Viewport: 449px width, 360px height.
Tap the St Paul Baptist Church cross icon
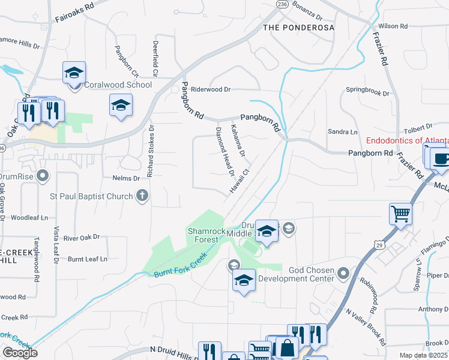[x=142, y=195]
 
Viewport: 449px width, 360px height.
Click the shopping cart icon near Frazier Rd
[x=400, y=213]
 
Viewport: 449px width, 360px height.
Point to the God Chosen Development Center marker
[x=343, y=274]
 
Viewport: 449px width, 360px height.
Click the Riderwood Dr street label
[x=210, y=89]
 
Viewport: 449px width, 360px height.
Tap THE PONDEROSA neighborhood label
[x=297, y=28]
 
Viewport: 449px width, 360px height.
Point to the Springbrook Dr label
[x=368, y=90]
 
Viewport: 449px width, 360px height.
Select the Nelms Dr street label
[x=126, y=178]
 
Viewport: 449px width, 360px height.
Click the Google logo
[x=20, y=353]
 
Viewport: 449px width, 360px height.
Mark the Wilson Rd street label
[x=393, y=26]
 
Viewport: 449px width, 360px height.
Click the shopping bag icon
[x=288, y=348]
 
